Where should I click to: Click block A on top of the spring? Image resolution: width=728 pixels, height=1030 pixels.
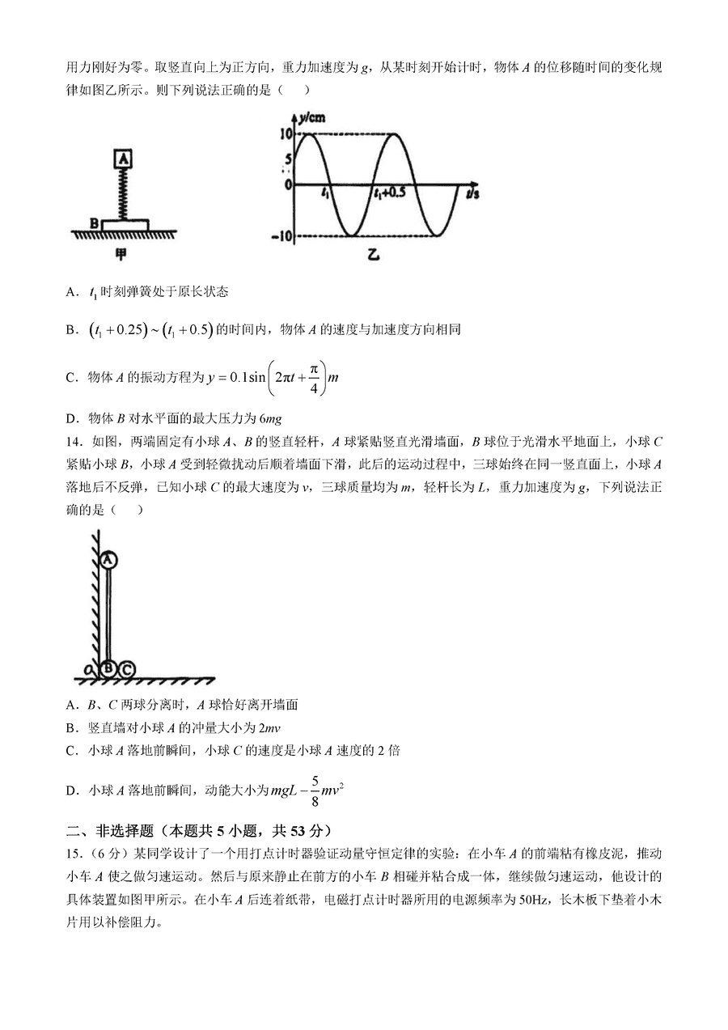tap(123, 159)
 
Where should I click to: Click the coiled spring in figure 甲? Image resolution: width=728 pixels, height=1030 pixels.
tap(124, 193)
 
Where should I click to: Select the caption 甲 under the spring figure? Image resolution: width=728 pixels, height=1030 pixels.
tap(121, 255)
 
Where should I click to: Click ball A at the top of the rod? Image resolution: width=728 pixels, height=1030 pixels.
tap(110, 559)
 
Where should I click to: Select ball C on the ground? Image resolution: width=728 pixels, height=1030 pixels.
tap(126, 668)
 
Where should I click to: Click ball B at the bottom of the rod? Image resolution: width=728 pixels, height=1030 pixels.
tap(109, 668)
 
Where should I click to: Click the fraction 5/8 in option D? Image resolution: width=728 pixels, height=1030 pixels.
tap(315, 791)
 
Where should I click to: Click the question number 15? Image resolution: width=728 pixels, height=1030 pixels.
tap(75, 854)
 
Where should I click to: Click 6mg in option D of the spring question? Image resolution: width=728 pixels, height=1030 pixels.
tap(269, 418)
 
